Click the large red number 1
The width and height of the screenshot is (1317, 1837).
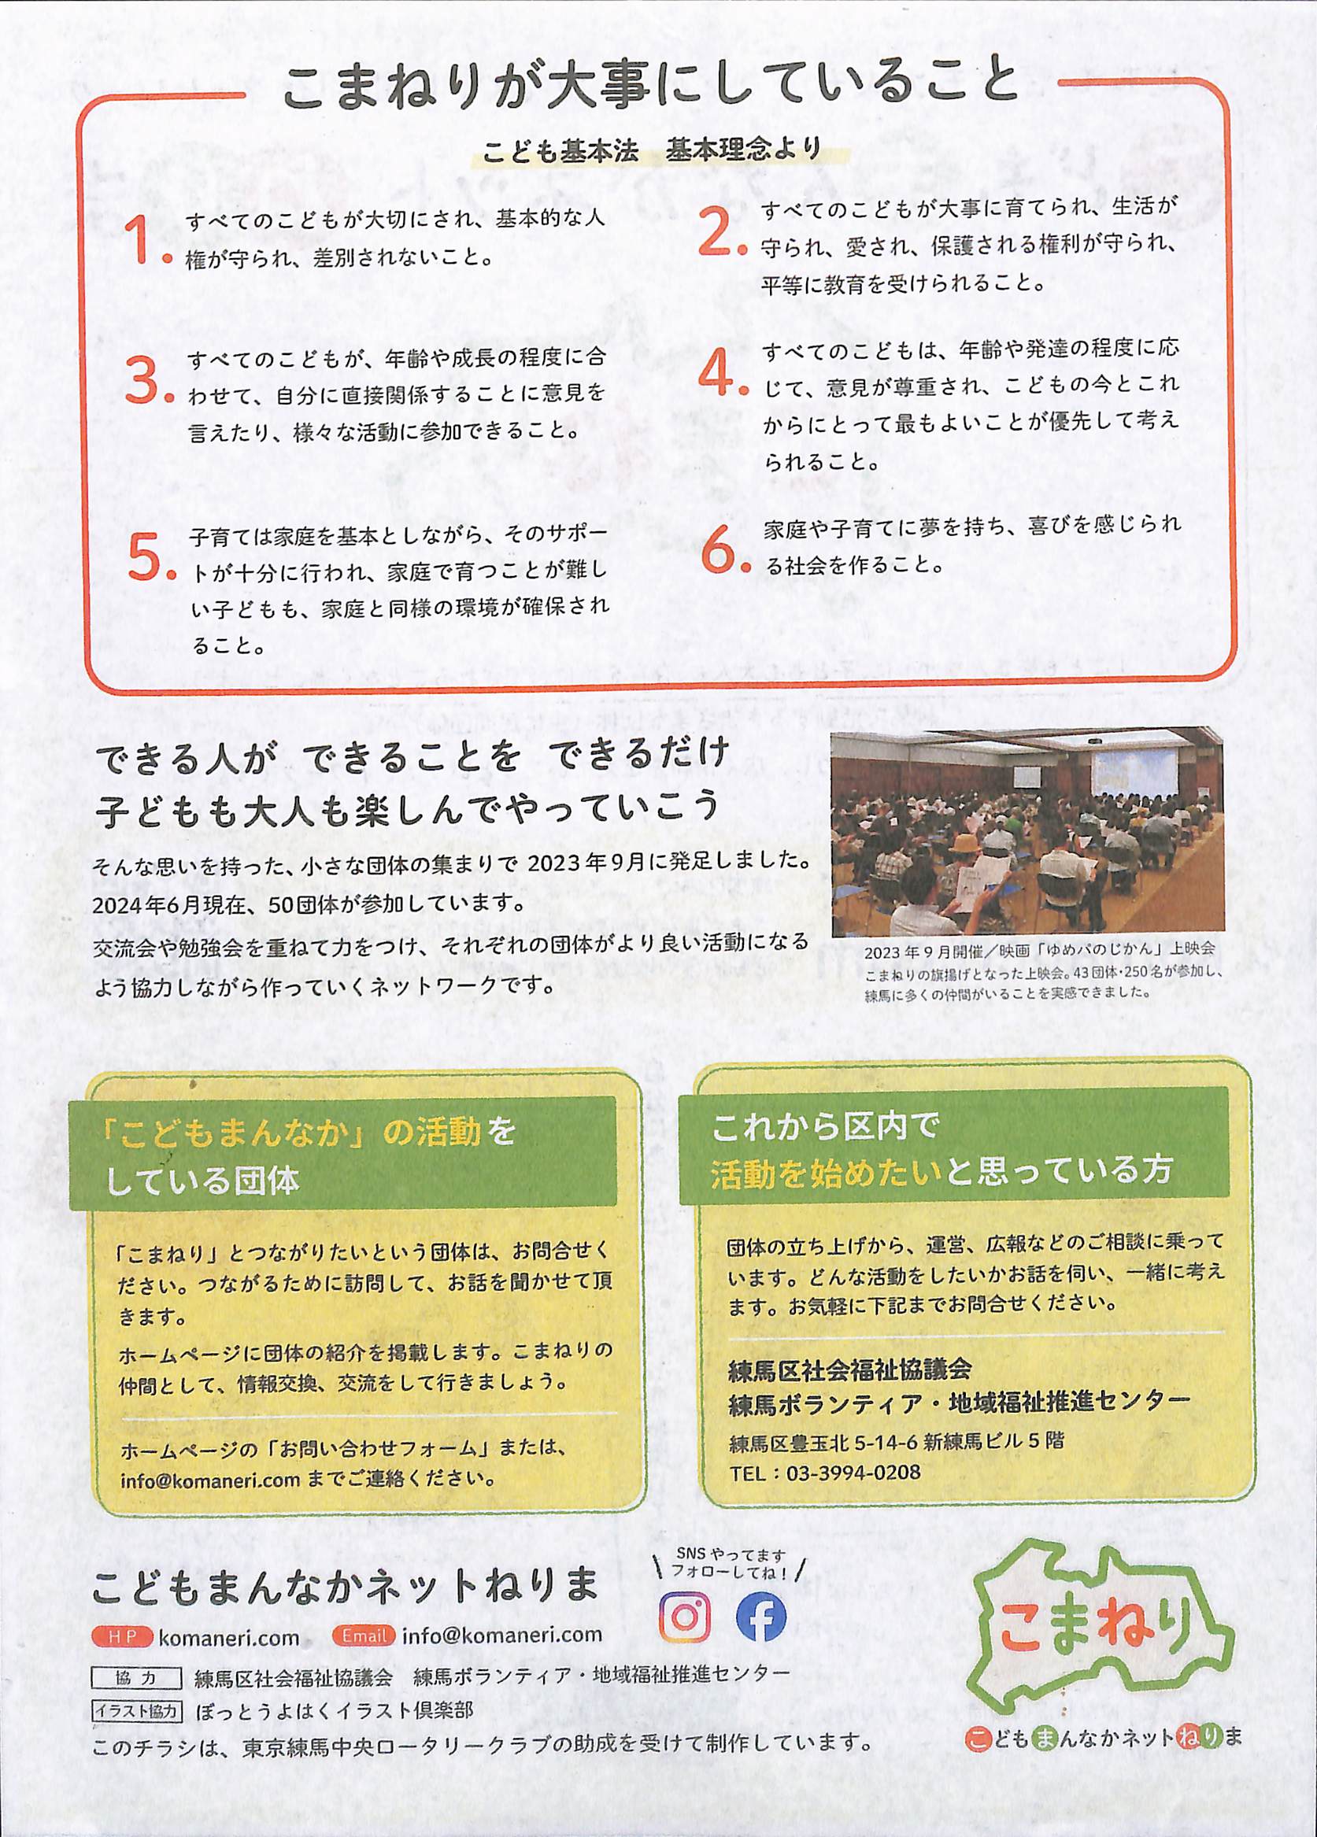click(x=139, y=241)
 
